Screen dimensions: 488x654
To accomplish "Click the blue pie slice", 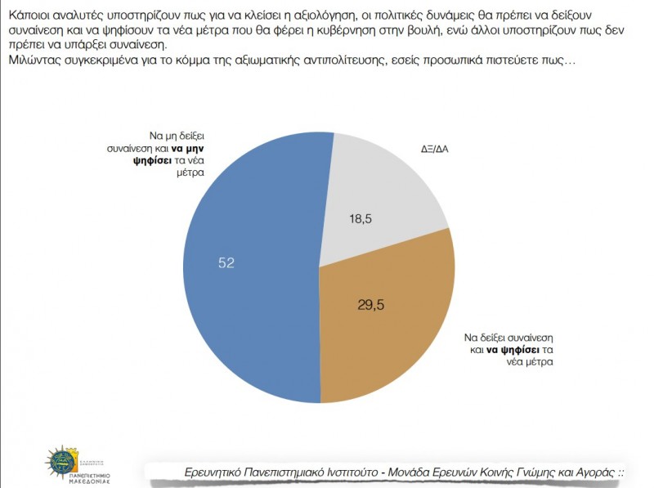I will pos(245,270).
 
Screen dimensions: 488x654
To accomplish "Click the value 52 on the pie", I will pos(226,262).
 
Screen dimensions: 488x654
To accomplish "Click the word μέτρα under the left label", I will pos(188,173).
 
